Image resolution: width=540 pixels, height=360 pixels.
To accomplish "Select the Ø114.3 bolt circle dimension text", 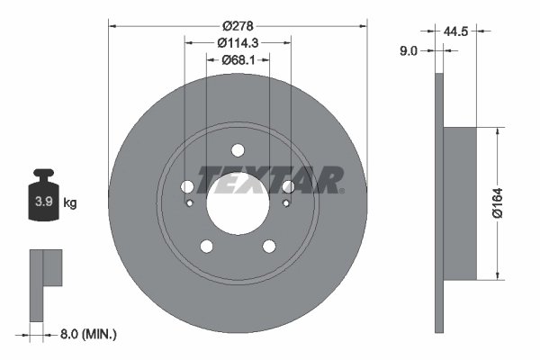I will click(238, 41).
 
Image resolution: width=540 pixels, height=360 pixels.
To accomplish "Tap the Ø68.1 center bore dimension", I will click(238, 60).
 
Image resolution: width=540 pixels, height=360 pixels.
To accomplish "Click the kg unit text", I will click(70, 203).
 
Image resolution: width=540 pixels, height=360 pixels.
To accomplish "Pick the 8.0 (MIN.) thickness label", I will click(86, 334).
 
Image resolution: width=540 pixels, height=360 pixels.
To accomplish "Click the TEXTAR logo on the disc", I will click(270, 180).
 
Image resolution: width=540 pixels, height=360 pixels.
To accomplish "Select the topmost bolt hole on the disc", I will click(238, 150).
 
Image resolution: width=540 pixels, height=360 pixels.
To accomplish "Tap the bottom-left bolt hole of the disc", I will click(206, 247).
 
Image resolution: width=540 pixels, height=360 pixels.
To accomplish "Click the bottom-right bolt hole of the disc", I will click(269, 247).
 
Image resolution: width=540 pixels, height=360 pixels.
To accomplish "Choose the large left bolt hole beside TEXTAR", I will click(187, 186).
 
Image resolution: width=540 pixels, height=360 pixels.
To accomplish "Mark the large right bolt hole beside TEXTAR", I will click(288, 186).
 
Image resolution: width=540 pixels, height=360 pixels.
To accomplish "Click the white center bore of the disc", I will click(238, 203).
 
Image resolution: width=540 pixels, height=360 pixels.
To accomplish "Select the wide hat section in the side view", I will click(461, 203).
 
